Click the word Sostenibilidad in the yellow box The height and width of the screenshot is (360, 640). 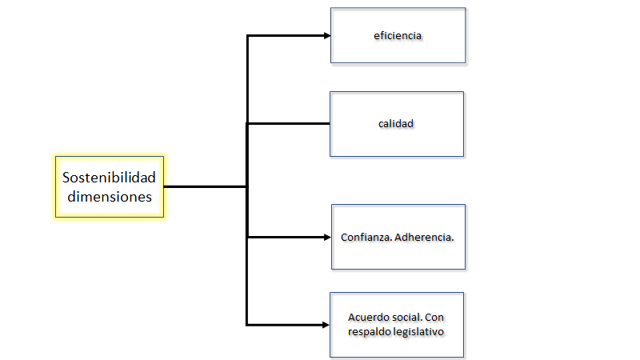[109, 177]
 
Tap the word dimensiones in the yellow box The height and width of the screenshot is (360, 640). [109, 195]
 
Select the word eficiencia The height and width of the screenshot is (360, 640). [397, 36]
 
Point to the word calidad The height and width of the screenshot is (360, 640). [396, 124]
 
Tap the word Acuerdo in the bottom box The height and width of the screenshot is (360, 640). [368, 318]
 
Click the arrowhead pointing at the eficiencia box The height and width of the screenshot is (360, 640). [326, 36]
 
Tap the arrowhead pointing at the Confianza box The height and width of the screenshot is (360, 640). [326, 237]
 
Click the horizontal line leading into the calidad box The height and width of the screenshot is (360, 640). [288, 123]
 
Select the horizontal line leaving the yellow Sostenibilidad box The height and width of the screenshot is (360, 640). [204, 187]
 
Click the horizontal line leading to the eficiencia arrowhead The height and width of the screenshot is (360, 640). [284, 36]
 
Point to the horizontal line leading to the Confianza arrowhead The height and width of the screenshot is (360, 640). [284, 237]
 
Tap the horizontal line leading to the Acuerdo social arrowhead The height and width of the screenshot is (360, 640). [284, 325]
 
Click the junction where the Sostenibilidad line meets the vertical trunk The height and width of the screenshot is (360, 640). [247, 187]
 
